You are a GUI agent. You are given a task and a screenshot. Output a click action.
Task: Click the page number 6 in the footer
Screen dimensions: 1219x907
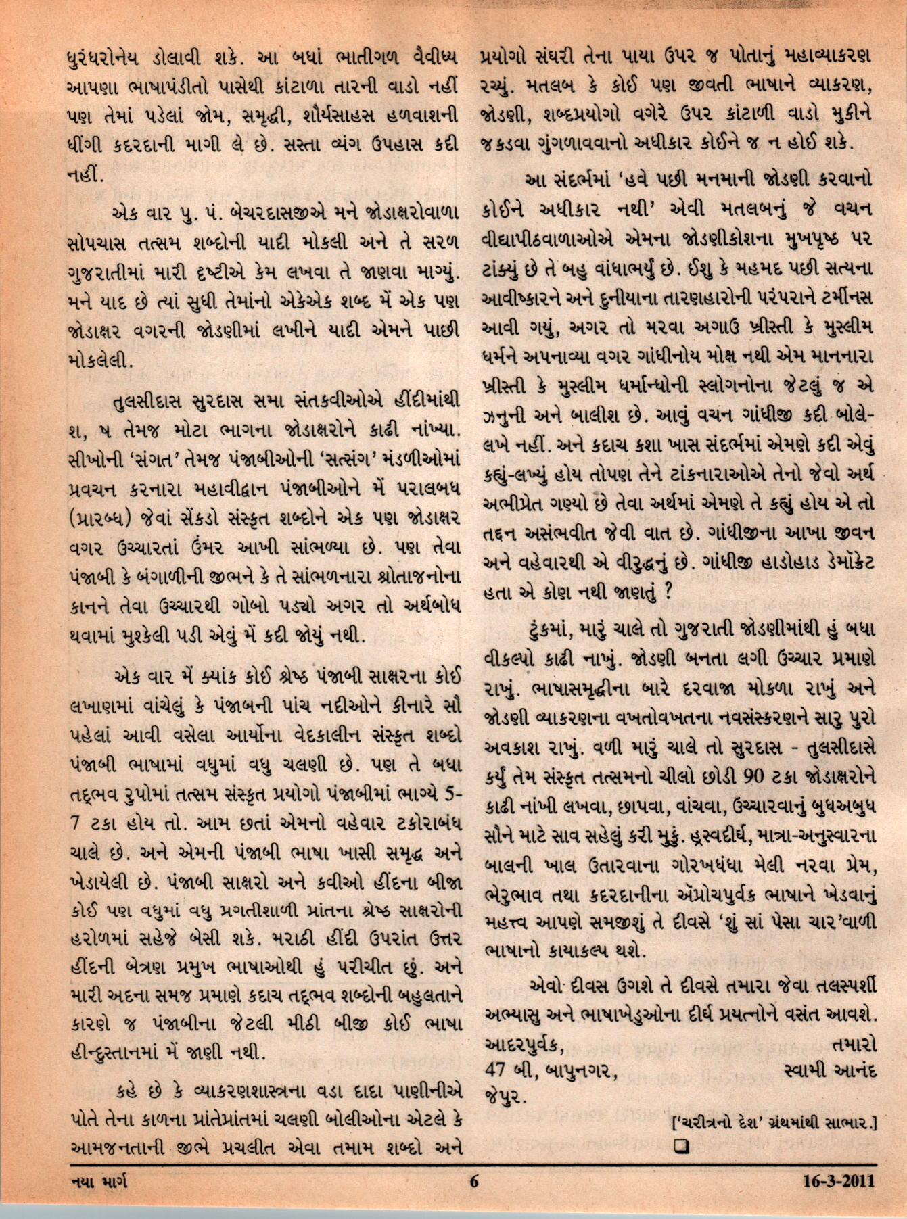click(474, 1182)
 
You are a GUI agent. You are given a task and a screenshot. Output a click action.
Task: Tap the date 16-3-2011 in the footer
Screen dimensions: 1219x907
click(839, 1182)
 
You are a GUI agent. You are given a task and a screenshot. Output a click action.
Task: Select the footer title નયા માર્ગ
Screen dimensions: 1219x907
click(99, 1182)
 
